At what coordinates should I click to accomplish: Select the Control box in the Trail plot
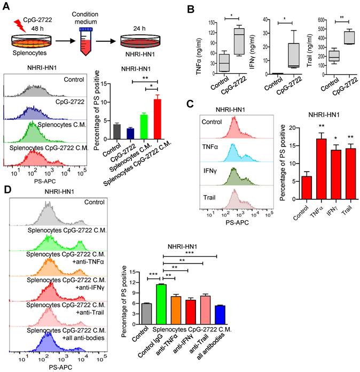(334, 56)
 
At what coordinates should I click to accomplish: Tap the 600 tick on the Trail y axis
(323, 20)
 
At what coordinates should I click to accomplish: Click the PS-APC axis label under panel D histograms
(56, 367)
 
